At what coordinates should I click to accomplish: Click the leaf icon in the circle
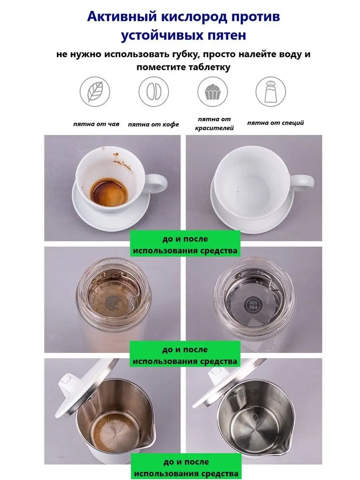pyautogui.click(x=95, y=92)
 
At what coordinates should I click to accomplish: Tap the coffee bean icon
pyautogui.click(x=154, y=92)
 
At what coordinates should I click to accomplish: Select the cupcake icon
pyautogui.click(x=212, y=92)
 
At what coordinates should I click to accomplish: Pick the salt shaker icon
pyautogui.click(x=271, y=92)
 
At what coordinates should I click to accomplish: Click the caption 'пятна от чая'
pyautogui.click(x=96, y=124)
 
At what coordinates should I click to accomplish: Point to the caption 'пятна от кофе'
pyautogui.click(x=154, y=124)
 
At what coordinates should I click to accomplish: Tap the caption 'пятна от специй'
pyautogui.click(x=276, y=123)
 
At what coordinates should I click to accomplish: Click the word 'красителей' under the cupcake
pyautogui.click(x=214, y=128)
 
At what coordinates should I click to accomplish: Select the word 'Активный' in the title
pyautogui.click(x=122, y=17)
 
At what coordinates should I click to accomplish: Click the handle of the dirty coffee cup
pyautogui.click(x=156, y=184)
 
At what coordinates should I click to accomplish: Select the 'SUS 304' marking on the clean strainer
pyautogui.click(x=253, y=305)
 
